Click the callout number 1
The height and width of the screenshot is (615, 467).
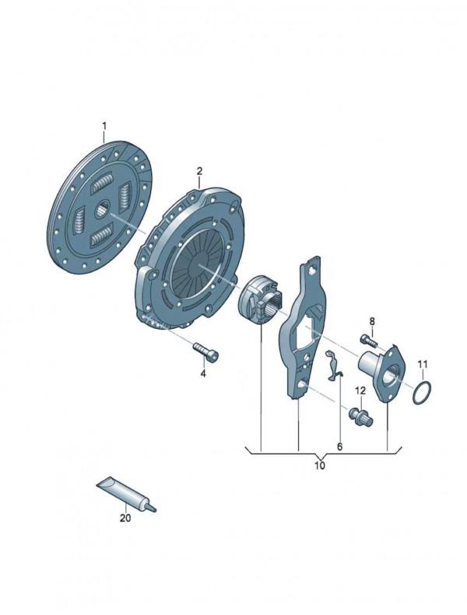pyautogui.click(x=104, y=126)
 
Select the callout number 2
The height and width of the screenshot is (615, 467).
pyautogui.click(x=199, y=171)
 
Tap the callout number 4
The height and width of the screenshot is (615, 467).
pyautogui.click(x=202, y=373)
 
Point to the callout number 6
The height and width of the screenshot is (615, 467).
pyautogui.click(x=340, y=446)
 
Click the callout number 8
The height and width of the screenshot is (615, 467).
pyautogui.click(x=372, y=322)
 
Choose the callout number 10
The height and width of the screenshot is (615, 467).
pyautogui.click(x=320, y=466)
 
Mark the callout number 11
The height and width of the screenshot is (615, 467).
pyautogui.click(x=422, y=365)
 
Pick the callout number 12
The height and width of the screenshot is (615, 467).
pyautogui.click(x=360, y=390)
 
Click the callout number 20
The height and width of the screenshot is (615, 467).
pyautogui.click(x=125, y=518)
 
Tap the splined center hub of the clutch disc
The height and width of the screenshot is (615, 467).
pyautogui.click(x=104, y=208)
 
